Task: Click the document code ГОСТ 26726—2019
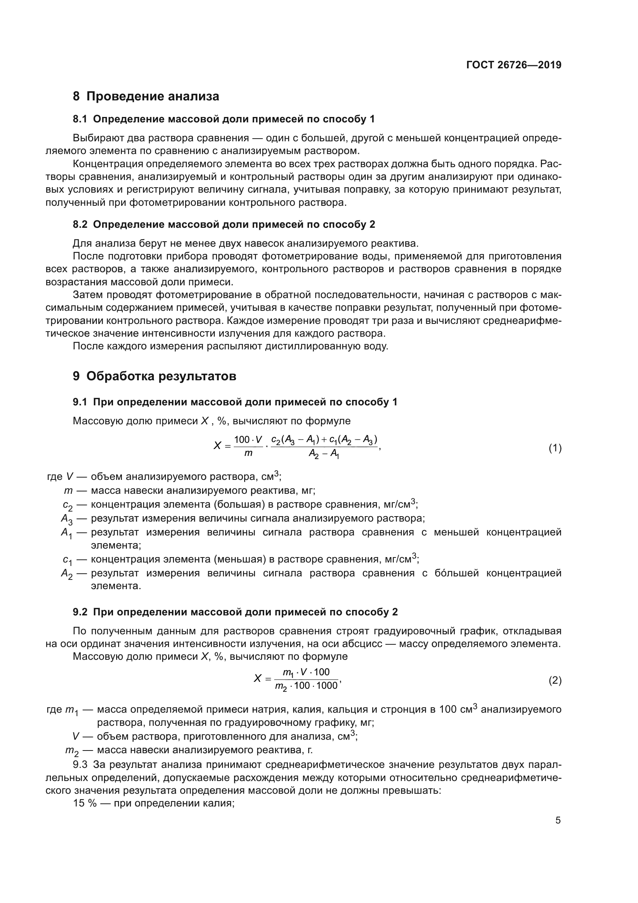(x=514, y=65)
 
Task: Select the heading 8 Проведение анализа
(x=146, y=97)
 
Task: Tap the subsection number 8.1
(x=80, y=119)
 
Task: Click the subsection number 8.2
(x=80, y=225)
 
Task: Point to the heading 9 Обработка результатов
(x=154, y=376)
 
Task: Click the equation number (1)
(x=555, y=448)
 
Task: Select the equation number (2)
(x=555, y=680)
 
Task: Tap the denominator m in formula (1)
(x=248, y=454)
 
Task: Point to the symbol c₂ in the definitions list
(x=68, y=506)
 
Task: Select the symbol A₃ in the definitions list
(x=66, y=520)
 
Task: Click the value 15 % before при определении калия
(x=84, y=803)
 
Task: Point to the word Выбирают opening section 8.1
(x=97, y=138)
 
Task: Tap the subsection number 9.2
(x=80, y=612)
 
